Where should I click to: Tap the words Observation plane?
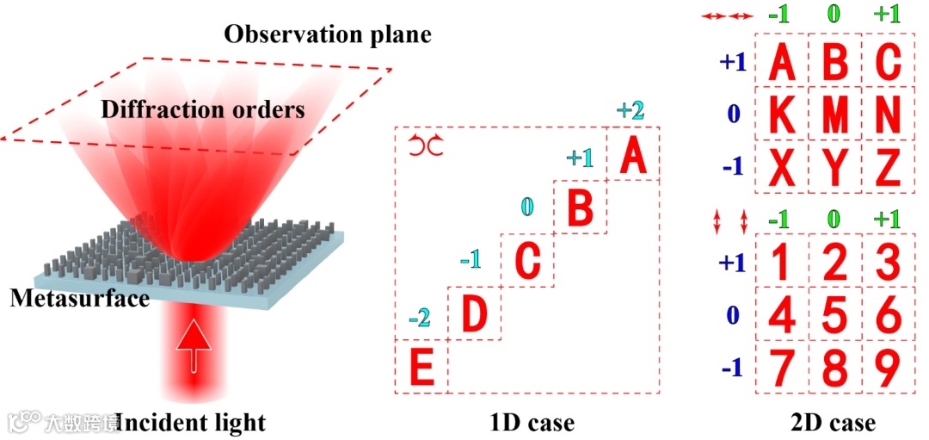pos(327,35)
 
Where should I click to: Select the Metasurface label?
pos(79,299)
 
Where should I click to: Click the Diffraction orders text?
pos(202,110)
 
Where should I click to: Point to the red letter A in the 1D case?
pos(632,156)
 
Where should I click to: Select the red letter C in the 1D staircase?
pos(526,261)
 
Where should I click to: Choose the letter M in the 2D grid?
pos(834,115)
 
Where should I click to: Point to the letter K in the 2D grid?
pos(782,115)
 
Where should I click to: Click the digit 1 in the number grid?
pos(781,263)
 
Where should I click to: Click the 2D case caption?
pos(833,422)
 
